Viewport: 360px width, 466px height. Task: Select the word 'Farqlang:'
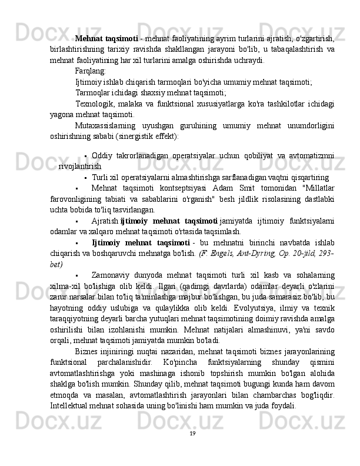point(91,70)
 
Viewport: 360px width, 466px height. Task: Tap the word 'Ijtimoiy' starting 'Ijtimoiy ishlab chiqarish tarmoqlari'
point(89,81)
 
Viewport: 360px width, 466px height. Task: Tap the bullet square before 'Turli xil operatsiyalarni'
point(86,177)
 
